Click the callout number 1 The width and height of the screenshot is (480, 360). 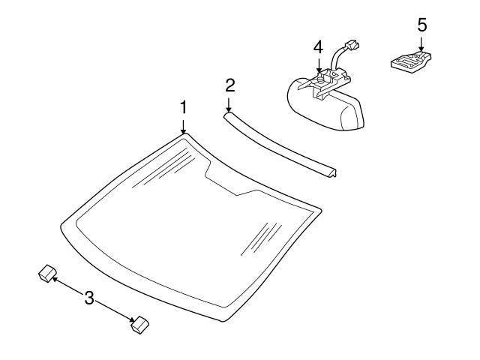click(182, 108)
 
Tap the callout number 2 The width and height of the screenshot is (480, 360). click(229, 84)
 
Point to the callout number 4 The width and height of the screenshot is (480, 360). click(318, 46)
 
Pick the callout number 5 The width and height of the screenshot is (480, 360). click(421, 24)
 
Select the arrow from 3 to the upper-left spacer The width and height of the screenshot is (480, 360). click(67, 286)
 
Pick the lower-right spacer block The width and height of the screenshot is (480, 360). click(139, 324)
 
